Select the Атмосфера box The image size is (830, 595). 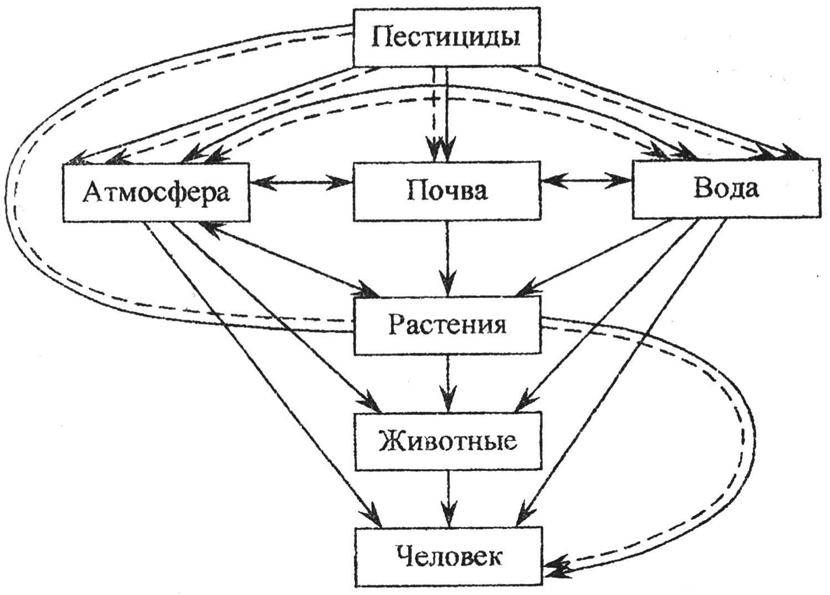click(156, 192)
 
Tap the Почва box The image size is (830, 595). click(446, 191)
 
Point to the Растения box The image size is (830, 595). click(447, 325)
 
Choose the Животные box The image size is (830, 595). click(448, 441)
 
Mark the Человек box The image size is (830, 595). click(448, 557)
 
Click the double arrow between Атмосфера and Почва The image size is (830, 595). click(301, 182)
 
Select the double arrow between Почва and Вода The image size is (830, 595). click(585, 181)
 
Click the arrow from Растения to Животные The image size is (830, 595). click(447, 382)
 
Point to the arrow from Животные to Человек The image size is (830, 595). click(448, 499)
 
